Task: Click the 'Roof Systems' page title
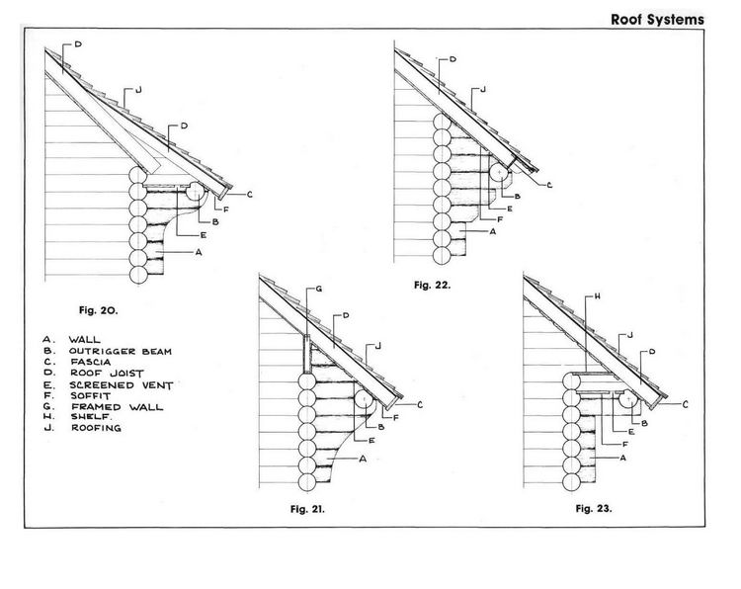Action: [657, 20]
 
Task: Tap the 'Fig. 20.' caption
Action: [98, 310]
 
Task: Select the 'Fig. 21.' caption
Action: [307, 509]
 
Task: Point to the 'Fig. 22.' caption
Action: [433, 285]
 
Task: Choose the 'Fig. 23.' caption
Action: [594, 509]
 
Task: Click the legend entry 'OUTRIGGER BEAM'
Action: [121, 351]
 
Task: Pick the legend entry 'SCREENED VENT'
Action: [122, 385]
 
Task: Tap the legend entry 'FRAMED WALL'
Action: [118, 406]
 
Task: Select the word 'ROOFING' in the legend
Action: [97, 428]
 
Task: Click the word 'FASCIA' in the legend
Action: [91, 362]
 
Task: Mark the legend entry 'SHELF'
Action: [91, 417]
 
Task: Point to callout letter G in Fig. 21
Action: [319, 289]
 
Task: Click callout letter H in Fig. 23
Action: [598, 296]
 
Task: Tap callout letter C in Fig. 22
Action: [549, 186]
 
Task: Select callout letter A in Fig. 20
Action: [199, 252]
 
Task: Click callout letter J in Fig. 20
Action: [138, 90]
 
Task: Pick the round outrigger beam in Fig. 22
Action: [499, 173]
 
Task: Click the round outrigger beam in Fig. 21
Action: [364, 399]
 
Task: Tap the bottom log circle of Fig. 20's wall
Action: [138, 275]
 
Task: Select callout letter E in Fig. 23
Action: [632, 432]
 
